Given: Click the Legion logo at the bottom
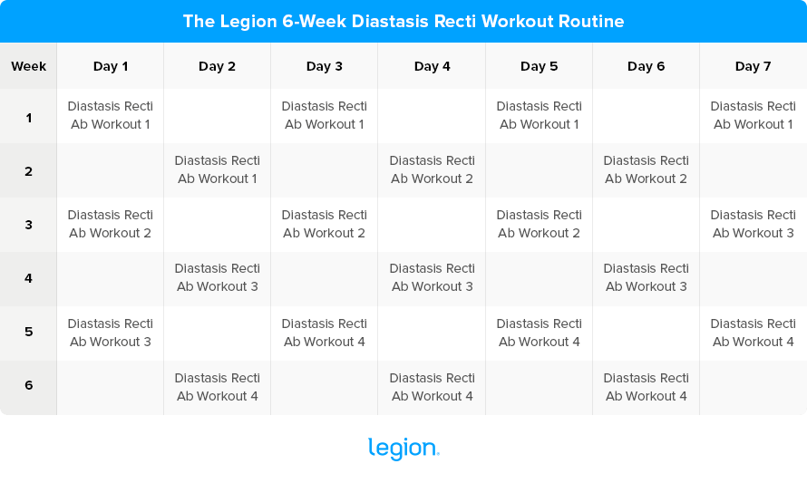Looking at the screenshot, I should click(x=403, y=449).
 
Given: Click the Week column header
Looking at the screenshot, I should click(x=28, y=66).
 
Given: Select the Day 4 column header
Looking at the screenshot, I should click(x=432, y=66).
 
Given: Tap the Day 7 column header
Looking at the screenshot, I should click(x=753, y=66).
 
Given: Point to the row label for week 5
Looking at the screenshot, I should click(x=28, y=332).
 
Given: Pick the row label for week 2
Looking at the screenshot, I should click(x=28, y=169).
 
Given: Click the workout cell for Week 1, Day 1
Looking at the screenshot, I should click(x=111, y=115).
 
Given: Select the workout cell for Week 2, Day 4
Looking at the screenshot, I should click(x=432, y=169).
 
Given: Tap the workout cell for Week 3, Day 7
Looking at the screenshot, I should click(x=753, y=224).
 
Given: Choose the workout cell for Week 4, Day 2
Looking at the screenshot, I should click(x=218, y=277).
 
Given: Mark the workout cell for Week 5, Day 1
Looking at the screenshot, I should click(x=111, y=333).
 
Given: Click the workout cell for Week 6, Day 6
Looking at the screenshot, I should click(x=646, y=387).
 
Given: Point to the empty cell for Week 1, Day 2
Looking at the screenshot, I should click(x=218, y=115).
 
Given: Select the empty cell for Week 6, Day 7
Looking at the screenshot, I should click(x=753, y=387).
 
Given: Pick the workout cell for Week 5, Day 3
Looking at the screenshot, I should click(x=325, y=333).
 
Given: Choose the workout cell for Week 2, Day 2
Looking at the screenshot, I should click(x=218, y=169).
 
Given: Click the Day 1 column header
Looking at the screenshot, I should click(x=111, y=66).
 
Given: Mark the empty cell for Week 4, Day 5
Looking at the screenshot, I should click(x=539, y=277).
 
